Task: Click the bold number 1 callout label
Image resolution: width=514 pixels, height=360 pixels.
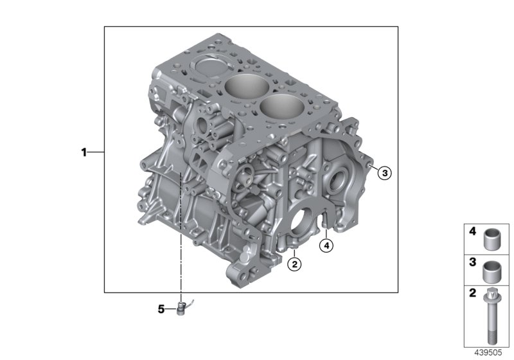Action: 84,152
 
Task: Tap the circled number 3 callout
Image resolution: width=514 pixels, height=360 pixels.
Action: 384,172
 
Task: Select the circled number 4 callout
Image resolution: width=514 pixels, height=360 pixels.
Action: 326,245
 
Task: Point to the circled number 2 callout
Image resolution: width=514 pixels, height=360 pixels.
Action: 294,264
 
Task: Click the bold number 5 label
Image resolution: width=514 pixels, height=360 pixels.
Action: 161,309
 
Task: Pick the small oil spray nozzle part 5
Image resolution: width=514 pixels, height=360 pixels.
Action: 182,308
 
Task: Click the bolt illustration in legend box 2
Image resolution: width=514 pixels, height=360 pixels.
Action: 490,316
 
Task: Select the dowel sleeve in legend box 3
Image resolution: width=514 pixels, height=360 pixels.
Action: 491,272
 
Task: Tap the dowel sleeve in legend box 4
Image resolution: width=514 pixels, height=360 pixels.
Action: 491,240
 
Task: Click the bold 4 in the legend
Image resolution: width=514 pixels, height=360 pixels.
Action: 472,231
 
